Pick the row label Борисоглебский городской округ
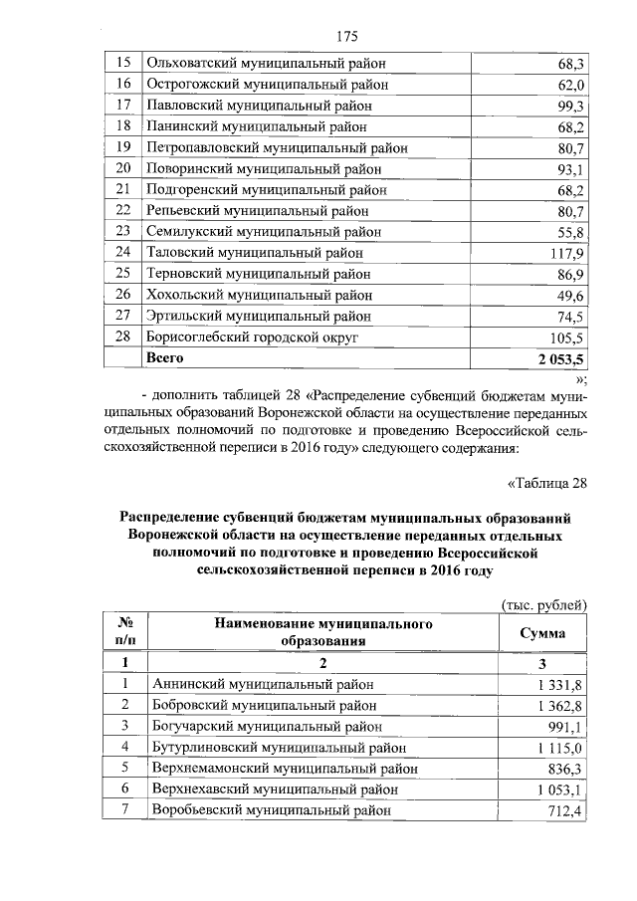point(252,338)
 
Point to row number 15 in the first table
point(123,64)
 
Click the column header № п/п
point(125,632)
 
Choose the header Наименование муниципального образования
point(323,632)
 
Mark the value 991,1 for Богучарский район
point(568,726)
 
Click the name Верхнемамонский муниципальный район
point(284,769)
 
